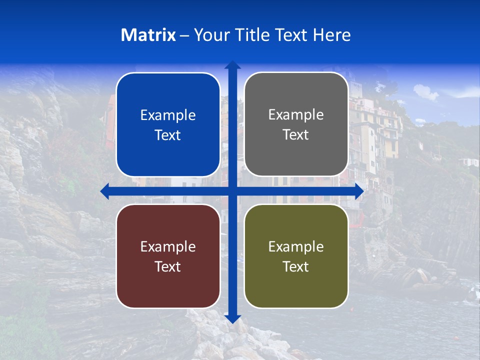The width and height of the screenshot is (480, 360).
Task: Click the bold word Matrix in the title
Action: (x=148, y=35)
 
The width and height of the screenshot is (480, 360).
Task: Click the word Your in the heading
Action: (x=209, y=35)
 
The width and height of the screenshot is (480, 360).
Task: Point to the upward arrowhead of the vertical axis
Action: (x=232, y=64)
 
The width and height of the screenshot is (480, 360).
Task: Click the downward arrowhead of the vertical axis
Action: (x=232, y=318)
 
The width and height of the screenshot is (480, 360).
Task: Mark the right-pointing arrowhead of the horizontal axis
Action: (x=359, y=191)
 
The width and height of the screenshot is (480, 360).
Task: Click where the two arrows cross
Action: (x=232, y=191)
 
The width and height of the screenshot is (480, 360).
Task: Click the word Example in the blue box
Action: (x=168, y=115)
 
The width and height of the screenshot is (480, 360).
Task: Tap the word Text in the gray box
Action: (x=296, y=135)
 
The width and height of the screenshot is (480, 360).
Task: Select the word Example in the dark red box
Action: (x=168, y=246)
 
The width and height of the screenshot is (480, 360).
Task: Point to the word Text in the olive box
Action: (x=296, y=266)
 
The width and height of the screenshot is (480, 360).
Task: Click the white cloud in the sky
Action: (x=425, y=91)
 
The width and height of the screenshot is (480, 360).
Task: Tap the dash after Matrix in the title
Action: (x=184, y=35)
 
